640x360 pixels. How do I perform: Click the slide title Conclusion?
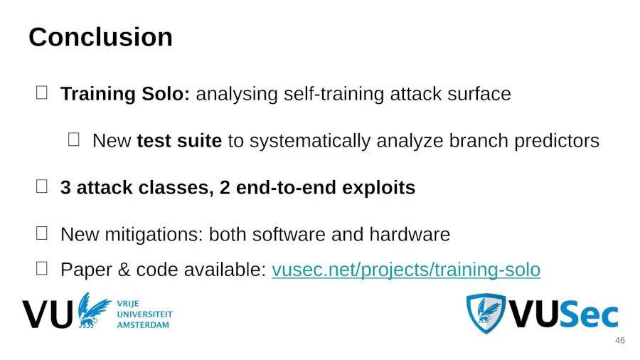(100, 37)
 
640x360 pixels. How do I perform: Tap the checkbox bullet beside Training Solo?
(42, 92)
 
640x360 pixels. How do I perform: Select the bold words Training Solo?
(125, 94)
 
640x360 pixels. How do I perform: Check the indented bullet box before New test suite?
(73, 139)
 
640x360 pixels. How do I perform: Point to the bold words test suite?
(179, 141)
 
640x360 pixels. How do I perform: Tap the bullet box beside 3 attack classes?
(42, 186)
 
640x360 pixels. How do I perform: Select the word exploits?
(379, 188)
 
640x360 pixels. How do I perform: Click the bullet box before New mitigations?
(42, 233)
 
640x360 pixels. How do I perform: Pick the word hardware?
(410, 235)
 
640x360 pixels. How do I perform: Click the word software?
(289, 235)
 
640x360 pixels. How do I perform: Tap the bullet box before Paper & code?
(42, 268)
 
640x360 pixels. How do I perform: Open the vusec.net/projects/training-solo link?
(406, 270)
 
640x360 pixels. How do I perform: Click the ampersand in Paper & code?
(124, 270)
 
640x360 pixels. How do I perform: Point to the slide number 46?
(619, 340)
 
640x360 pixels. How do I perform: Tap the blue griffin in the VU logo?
(93, 310)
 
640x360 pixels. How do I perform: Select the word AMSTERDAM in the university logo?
(143, 325)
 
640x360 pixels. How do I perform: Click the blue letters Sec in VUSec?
(589, 314)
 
